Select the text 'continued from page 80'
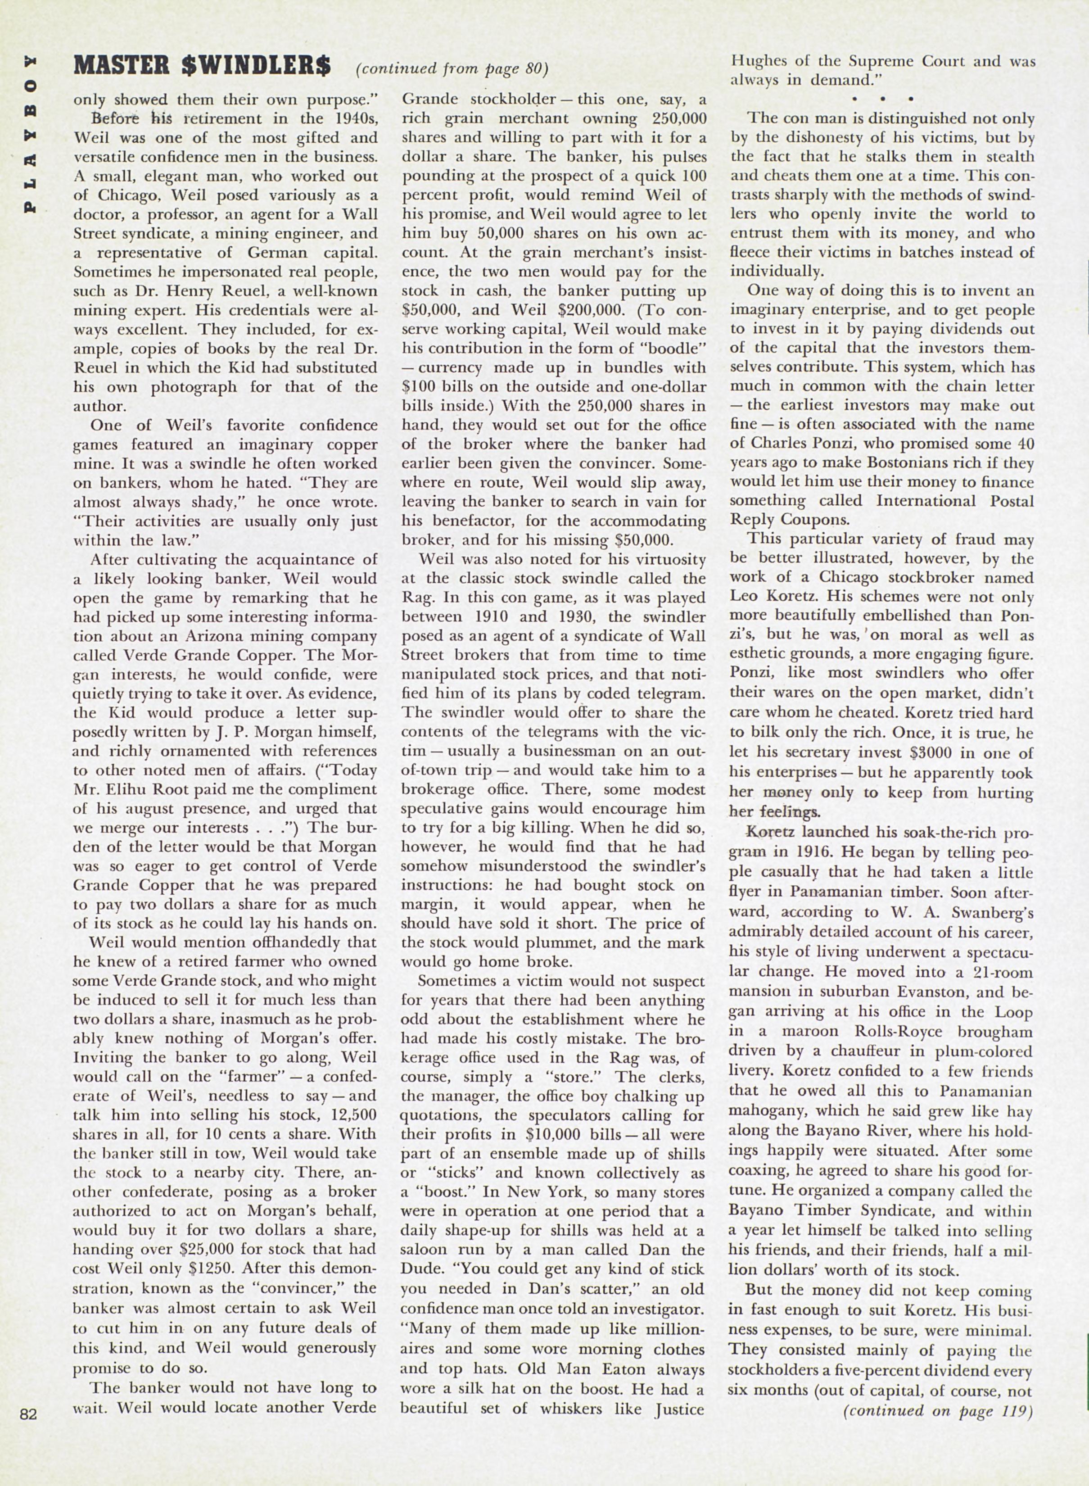(452, 68)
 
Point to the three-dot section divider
(882, 99)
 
